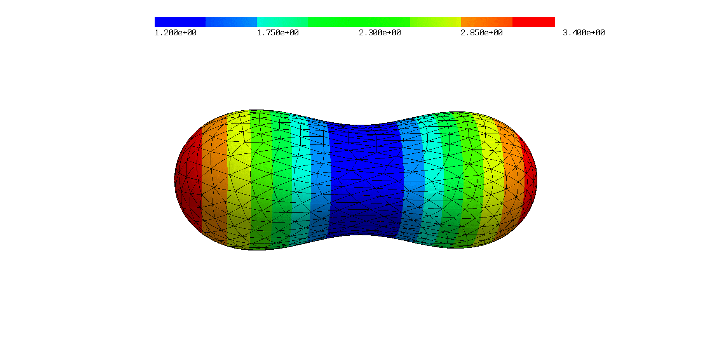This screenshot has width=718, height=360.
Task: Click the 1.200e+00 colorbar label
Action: [176, 33]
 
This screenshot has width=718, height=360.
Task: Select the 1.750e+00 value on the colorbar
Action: [278, 33]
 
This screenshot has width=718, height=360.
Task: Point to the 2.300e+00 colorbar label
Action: [380, 33]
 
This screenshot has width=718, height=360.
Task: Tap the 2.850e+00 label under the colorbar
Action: [482, 33]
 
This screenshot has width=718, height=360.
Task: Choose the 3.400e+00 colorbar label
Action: [584, 33]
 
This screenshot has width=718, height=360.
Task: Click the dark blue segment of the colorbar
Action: [180, 22]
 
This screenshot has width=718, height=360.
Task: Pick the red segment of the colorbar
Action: [534, 22]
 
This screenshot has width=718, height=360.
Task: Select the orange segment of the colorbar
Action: [487, 22]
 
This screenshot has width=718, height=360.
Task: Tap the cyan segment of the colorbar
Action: [282, 22]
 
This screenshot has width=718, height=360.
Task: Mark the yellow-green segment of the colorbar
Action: [436, 22]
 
